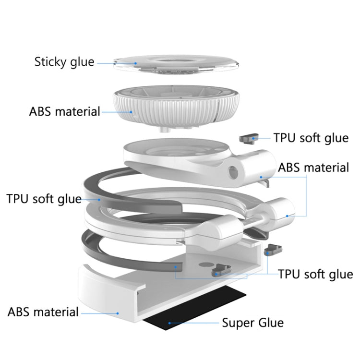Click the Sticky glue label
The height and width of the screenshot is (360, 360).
pyautogui.click(x=64, y=62)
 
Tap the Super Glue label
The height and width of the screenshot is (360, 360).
pyautogui.click(x=252, y=322)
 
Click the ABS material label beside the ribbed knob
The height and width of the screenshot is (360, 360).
pyautogui.click(x=65, y=112)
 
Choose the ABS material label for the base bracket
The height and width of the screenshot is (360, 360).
pyautogui.click(x=43, y=312)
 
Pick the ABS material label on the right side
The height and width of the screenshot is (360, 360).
pyautogui.click(x=313, y=168)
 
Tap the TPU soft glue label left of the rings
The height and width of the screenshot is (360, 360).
pyautogui.click(x=44, y=198)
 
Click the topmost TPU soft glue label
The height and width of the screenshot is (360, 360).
pyautogui.click(x=311, y=138)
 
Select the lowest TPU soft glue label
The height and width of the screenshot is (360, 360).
pyautogui.click(x=315, y=275)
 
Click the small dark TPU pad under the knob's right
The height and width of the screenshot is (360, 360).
pyautogui.click(x=248, y=139)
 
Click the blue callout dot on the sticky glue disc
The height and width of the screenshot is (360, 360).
pyautogui.click(x=135, y=62)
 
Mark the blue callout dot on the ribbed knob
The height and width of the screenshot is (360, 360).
pyautogui.click(x=132, y=112)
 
